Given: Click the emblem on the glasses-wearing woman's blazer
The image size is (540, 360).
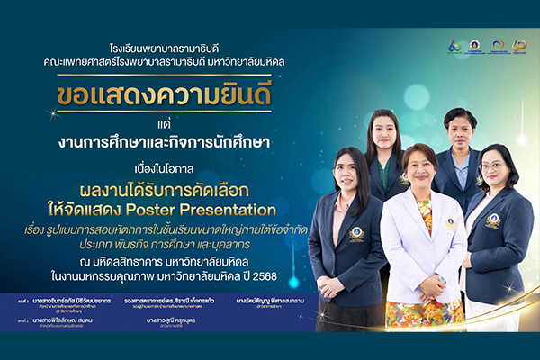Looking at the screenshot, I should pos(492,219).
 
